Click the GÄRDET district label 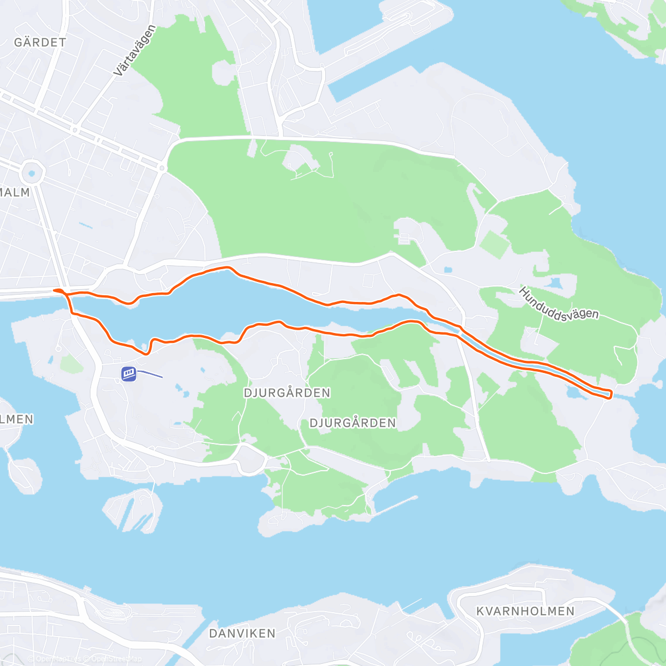[x=40, y=42]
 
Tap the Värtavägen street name [x=134, y=51]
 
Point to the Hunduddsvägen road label [x=559, y=304]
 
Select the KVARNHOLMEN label [x=525, y=611]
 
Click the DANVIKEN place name [x=242, y=633]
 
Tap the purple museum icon [x=129, y=374]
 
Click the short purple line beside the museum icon [x=150, y=374]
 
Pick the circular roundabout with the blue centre [x=32, y=173]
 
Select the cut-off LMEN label [x=17, y=419]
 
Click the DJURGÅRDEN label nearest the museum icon [x=287, y=393]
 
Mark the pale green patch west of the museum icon [x=70, y=364]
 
